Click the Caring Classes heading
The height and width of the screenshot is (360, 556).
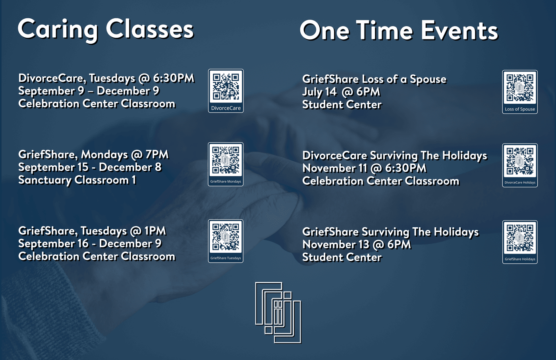coord(106,30)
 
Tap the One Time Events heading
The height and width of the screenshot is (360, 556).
coord(399,30)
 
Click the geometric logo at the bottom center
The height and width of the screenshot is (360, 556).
coord(278,313)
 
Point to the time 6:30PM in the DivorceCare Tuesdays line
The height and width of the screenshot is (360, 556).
coord(174,78)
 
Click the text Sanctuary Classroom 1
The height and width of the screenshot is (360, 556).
coord(77,180)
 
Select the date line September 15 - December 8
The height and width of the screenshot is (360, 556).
coord(90,167)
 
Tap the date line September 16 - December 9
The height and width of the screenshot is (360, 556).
coord(90,244)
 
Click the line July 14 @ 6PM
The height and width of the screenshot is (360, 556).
coord(341,92)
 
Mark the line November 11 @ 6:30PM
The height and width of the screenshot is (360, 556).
coord(365,168)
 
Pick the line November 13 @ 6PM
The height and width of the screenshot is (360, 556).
coord(357,244)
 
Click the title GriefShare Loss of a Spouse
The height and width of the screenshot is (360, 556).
coord(374,79)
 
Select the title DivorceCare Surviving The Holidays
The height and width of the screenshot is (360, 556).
coord(395,156)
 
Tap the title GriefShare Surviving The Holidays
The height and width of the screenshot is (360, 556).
coord(390,232)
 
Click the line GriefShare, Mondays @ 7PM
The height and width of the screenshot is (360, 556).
coord(93,155)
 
